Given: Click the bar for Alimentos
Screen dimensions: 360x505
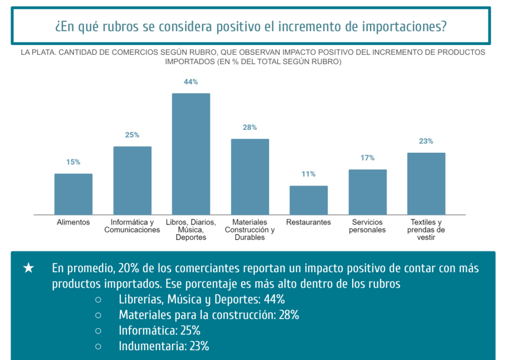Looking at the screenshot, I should [73, 194].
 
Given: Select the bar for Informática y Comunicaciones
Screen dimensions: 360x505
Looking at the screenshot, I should [132, 180].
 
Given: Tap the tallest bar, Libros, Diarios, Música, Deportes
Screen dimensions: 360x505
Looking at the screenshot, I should [191, 154].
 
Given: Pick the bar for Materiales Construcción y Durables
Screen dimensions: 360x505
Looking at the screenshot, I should [250, 177].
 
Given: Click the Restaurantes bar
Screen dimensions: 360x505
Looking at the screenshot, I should [308, 200].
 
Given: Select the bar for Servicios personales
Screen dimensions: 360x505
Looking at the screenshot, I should [367, 192].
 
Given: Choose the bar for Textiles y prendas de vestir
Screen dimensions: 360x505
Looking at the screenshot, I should [426, 183].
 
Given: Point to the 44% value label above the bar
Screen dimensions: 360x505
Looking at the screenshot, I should [191, 82].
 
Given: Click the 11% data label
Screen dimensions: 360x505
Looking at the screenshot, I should [309, 174].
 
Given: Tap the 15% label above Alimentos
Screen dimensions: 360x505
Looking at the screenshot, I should [73, 162].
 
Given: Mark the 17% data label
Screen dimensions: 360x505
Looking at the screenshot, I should [367, 158].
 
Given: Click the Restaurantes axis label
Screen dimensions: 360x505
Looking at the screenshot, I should [308, 222].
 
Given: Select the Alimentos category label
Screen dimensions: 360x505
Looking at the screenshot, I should [73, 222].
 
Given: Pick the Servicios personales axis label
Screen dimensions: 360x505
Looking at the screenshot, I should [367, 226].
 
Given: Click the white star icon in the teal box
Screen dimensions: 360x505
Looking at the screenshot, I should [29, 268].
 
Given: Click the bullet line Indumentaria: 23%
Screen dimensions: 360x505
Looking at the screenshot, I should [164, 346].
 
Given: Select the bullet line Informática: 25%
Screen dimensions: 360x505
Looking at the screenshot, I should [159, 330].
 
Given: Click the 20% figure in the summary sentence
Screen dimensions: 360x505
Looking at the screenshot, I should [127, 269].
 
